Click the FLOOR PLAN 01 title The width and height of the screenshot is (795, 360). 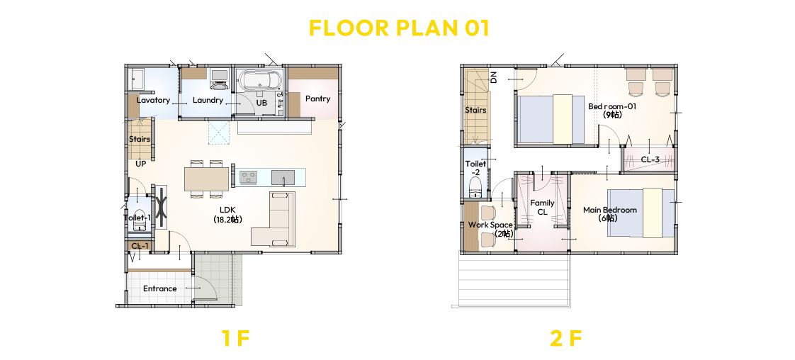click(399, 28)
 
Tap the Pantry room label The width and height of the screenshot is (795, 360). click(318, 99)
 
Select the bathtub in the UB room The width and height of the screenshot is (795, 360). click(258, 79)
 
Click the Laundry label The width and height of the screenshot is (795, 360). click(208, 100)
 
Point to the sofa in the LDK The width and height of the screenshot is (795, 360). click(274, 219)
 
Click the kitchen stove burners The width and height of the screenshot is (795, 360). click(249, 177)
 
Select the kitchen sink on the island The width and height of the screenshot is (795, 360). click(283, 177)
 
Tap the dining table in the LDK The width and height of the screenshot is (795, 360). click(207, 179)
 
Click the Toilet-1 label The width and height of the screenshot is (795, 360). click(137, 218)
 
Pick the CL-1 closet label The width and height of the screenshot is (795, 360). click(140, 246)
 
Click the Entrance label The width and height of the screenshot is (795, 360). click(159, 288)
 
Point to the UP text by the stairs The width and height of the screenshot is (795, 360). click(141, 164)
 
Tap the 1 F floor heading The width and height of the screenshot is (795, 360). click(236, 338)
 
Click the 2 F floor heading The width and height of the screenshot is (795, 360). click(565, 338)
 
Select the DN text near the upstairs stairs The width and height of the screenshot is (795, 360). click(493, 77)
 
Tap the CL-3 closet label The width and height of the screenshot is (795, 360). click(650, 159)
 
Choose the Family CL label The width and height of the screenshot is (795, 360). click(543, 208)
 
